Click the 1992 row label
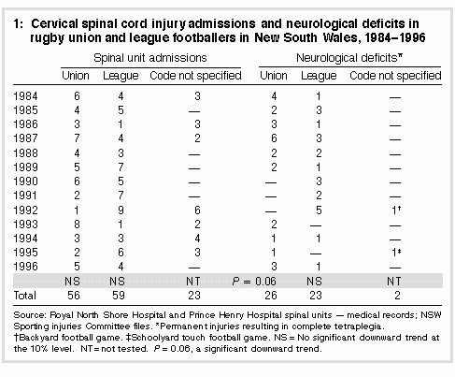pyautogui.click(x=25, y=210)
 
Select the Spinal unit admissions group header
pyautogui.click(x=150, y=58)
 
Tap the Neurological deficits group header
pyautogui.click(x=349, y=58)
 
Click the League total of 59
pyautogui.click(x=119, y=296)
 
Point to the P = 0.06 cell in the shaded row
pyautogui.click(x=254, y=282)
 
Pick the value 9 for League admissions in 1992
pyautogui.click(x=121, y=210)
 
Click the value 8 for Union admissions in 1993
pyautogui.click(x=77, y=225)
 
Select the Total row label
pyautogui.click(x=25, y=296)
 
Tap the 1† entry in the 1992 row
pyautogui.click(x=396, y=210)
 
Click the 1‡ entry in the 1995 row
pyautogui.click(x=396, y=252)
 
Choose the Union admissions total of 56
pyautogui.click(x=74, y=296)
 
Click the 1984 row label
pyautogui.click(x=25, y=96)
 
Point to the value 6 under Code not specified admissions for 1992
pyautogui.click(x=197, y=210)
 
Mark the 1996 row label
pyautogui.click(x=25, y=267)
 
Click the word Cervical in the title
pyautogui.click(x=55, y=23)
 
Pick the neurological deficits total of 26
pyautogui.click(x=271, y=296)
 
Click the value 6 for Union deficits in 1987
pyautogui.click(x=274, y=138)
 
